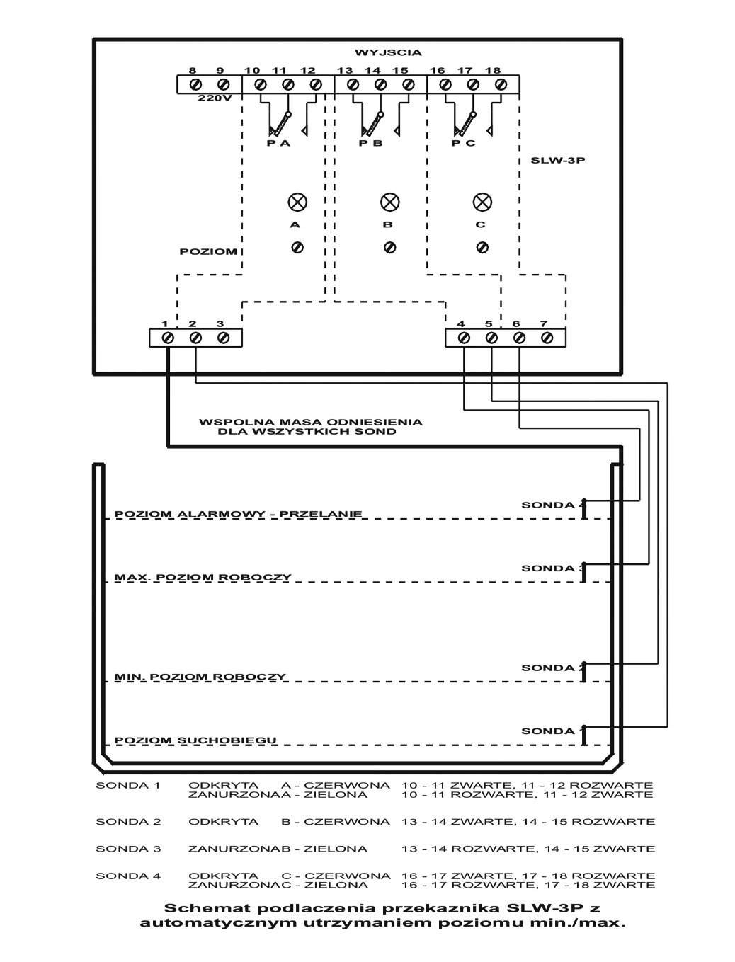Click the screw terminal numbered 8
193,85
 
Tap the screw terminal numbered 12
316,85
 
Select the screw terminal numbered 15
408,85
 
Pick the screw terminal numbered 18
501,85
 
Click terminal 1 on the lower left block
168,338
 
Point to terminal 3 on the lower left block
223,338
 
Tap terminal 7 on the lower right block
546,338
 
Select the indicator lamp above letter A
296,202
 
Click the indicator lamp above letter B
389,202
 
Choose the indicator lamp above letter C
482,202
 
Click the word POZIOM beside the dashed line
207,251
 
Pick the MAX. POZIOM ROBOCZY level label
203,578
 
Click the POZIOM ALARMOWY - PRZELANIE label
239,514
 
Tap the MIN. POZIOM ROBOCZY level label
200,677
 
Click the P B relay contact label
371,143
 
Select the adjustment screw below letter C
482,247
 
